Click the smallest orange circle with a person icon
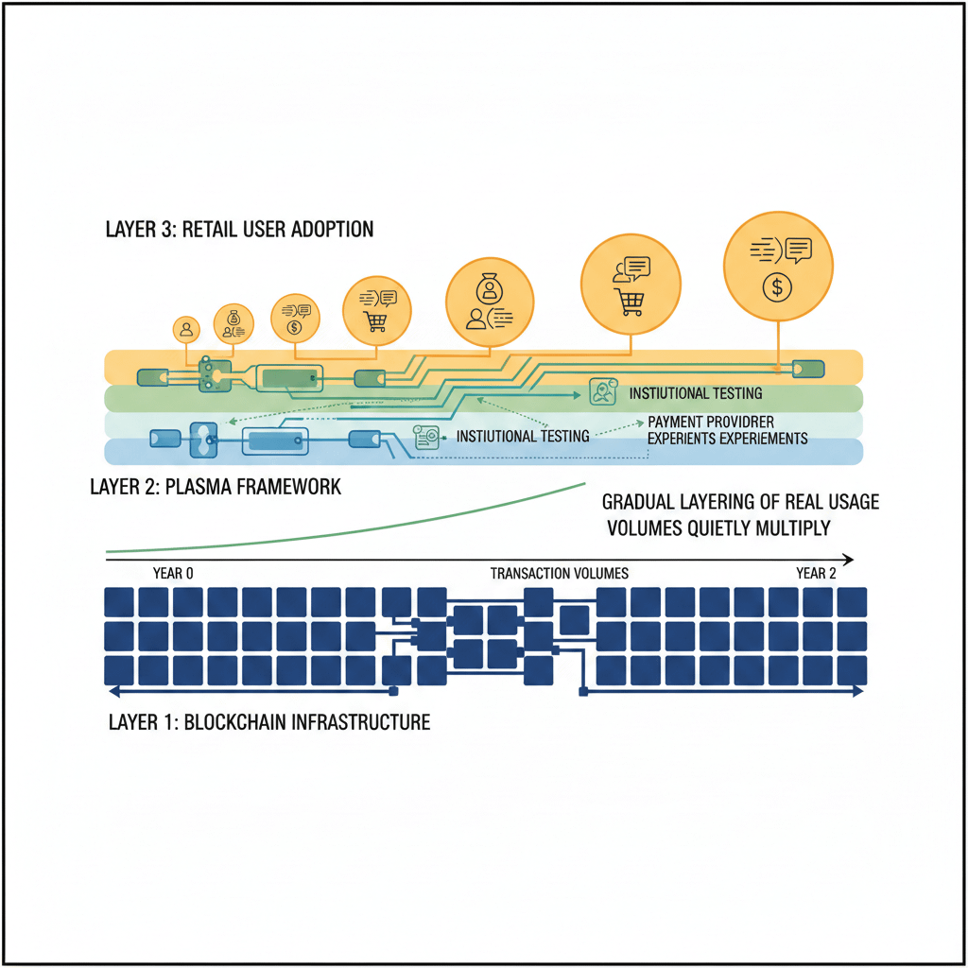pos(186,329)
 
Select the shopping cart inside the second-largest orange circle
pos(631,302)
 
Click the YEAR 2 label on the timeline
pos(816,573)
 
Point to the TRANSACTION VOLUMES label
pos(559,573)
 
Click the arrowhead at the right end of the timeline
pos(848,559)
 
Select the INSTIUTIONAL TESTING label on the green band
pos(695,393)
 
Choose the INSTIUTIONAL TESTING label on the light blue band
pos(522,436)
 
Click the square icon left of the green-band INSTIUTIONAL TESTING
pos(601,391)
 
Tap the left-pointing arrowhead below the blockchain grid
pos(112,691)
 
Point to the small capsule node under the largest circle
pos(807,369)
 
